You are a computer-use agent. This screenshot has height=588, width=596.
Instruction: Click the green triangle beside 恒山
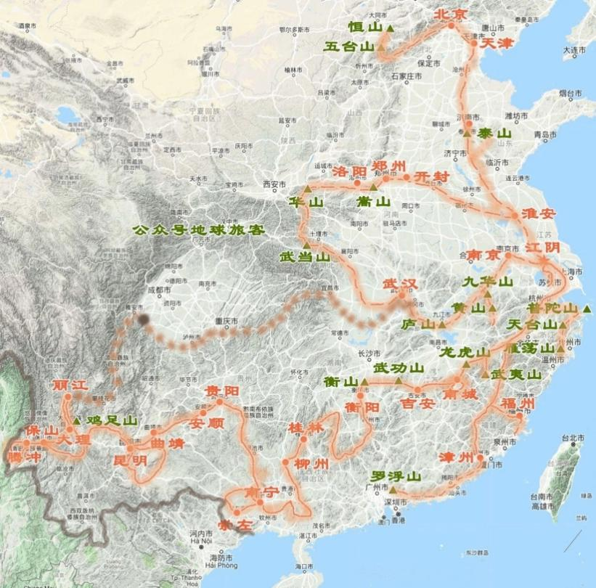point(391,28)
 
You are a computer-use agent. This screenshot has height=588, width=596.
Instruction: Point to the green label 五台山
point(350,47)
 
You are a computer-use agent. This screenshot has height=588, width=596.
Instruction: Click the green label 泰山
point(494,134)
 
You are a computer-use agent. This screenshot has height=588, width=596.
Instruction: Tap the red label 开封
point(431,176)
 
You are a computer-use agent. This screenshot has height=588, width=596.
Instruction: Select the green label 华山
point(306,202)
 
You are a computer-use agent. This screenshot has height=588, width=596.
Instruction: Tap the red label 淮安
point(538,214)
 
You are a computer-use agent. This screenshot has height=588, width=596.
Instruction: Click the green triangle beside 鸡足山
point(77,420)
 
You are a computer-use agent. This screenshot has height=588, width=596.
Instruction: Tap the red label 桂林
point(305,427)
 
